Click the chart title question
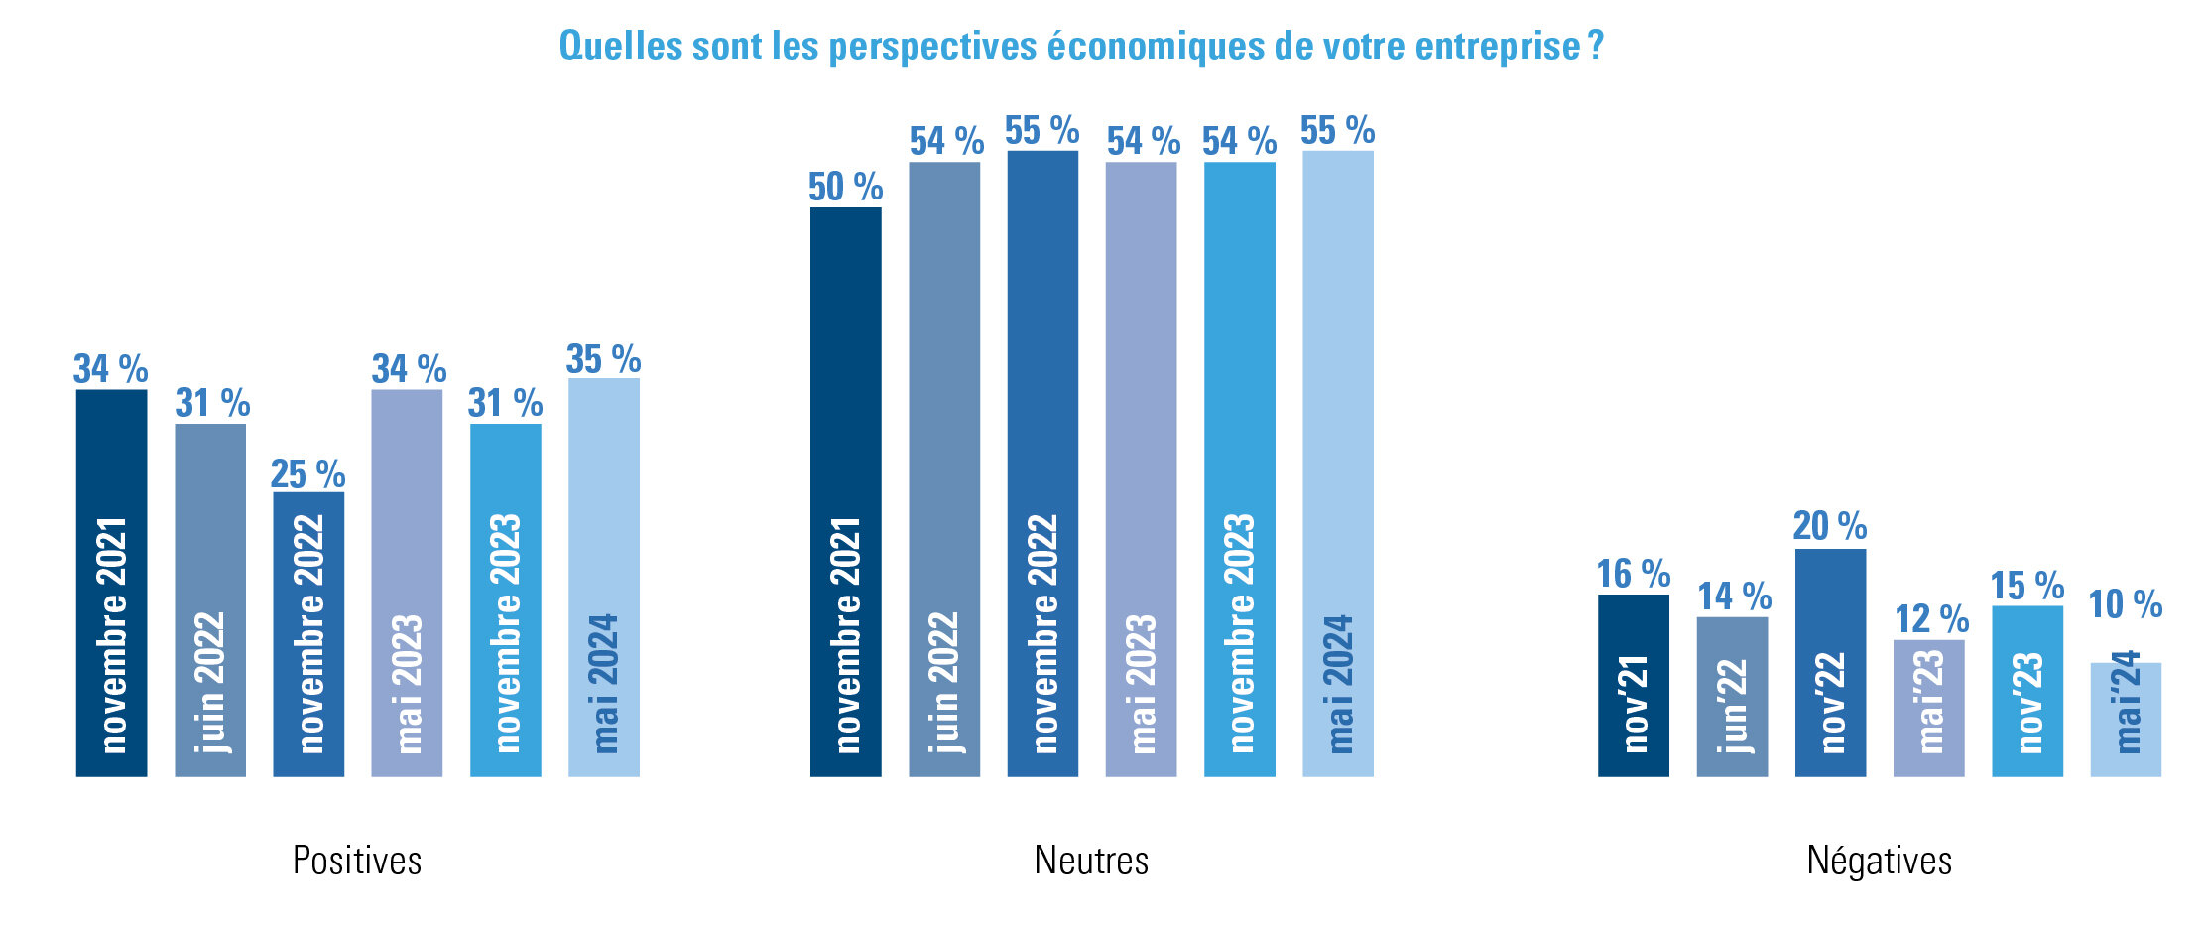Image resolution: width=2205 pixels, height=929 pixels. pos(1081,46)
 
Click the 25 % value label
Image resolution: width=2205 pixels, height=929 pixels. pos(307,473)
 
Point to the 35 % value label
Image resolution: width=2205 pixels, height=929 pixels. pos(603,359)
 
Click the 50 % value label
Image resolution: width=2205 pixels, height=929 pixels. pos(845,187)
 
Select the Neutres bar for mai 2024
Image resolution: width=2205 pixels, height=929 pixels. pos(1338,464)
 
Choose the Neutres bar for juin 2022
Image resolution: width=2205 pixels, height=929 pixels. pos(944,468)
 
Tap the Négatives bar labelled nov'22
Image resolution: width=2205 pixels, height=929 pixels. pos(1830,662)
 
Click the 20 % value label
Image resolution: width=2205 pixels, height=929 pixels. pos(1830,526)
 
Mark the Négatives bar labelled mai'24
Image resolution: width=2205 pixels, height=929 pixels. pos(2126,719)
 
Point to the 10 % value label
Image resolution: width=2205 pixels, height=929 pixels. pos(2126,604)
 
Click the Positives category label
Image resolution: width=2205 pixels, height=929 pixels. pos(357,861)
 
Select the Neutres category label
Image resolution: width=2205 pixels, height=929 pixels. pos(1091,861)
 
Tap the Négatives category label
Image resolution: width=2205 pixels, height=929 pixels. pos(1879,861)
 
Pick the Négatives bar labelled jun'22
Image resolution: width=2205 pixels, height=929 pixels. pos(1732,697)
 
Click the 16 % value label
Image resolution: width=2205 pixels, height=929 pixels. pos(1633,574)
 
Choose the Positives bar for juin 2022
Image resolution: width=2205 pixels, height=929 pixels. pos(210,599)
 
